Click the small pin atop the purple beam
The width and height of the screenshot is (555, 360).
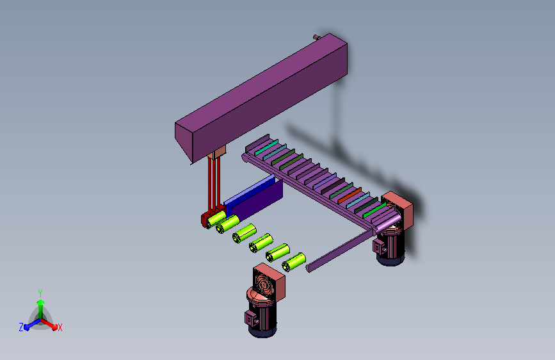pyautogui.click(x=316, y=37)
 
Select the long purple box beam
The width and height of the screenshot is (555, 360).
pyautogui.click(x=261, y=99)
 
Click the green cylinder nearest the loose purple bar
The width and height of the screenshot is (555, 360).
pyautogui.click(x=294, y=262)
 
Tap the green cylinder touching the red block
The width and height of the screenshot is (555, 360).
pyautogui.click(x=216, y=219)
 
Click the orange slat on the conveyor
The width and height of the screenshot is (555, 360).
pyautogui.click(x=350, y=195)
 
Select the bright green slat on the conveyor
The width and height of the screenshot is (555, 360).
pyautogui.click(x=374, y=211)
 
